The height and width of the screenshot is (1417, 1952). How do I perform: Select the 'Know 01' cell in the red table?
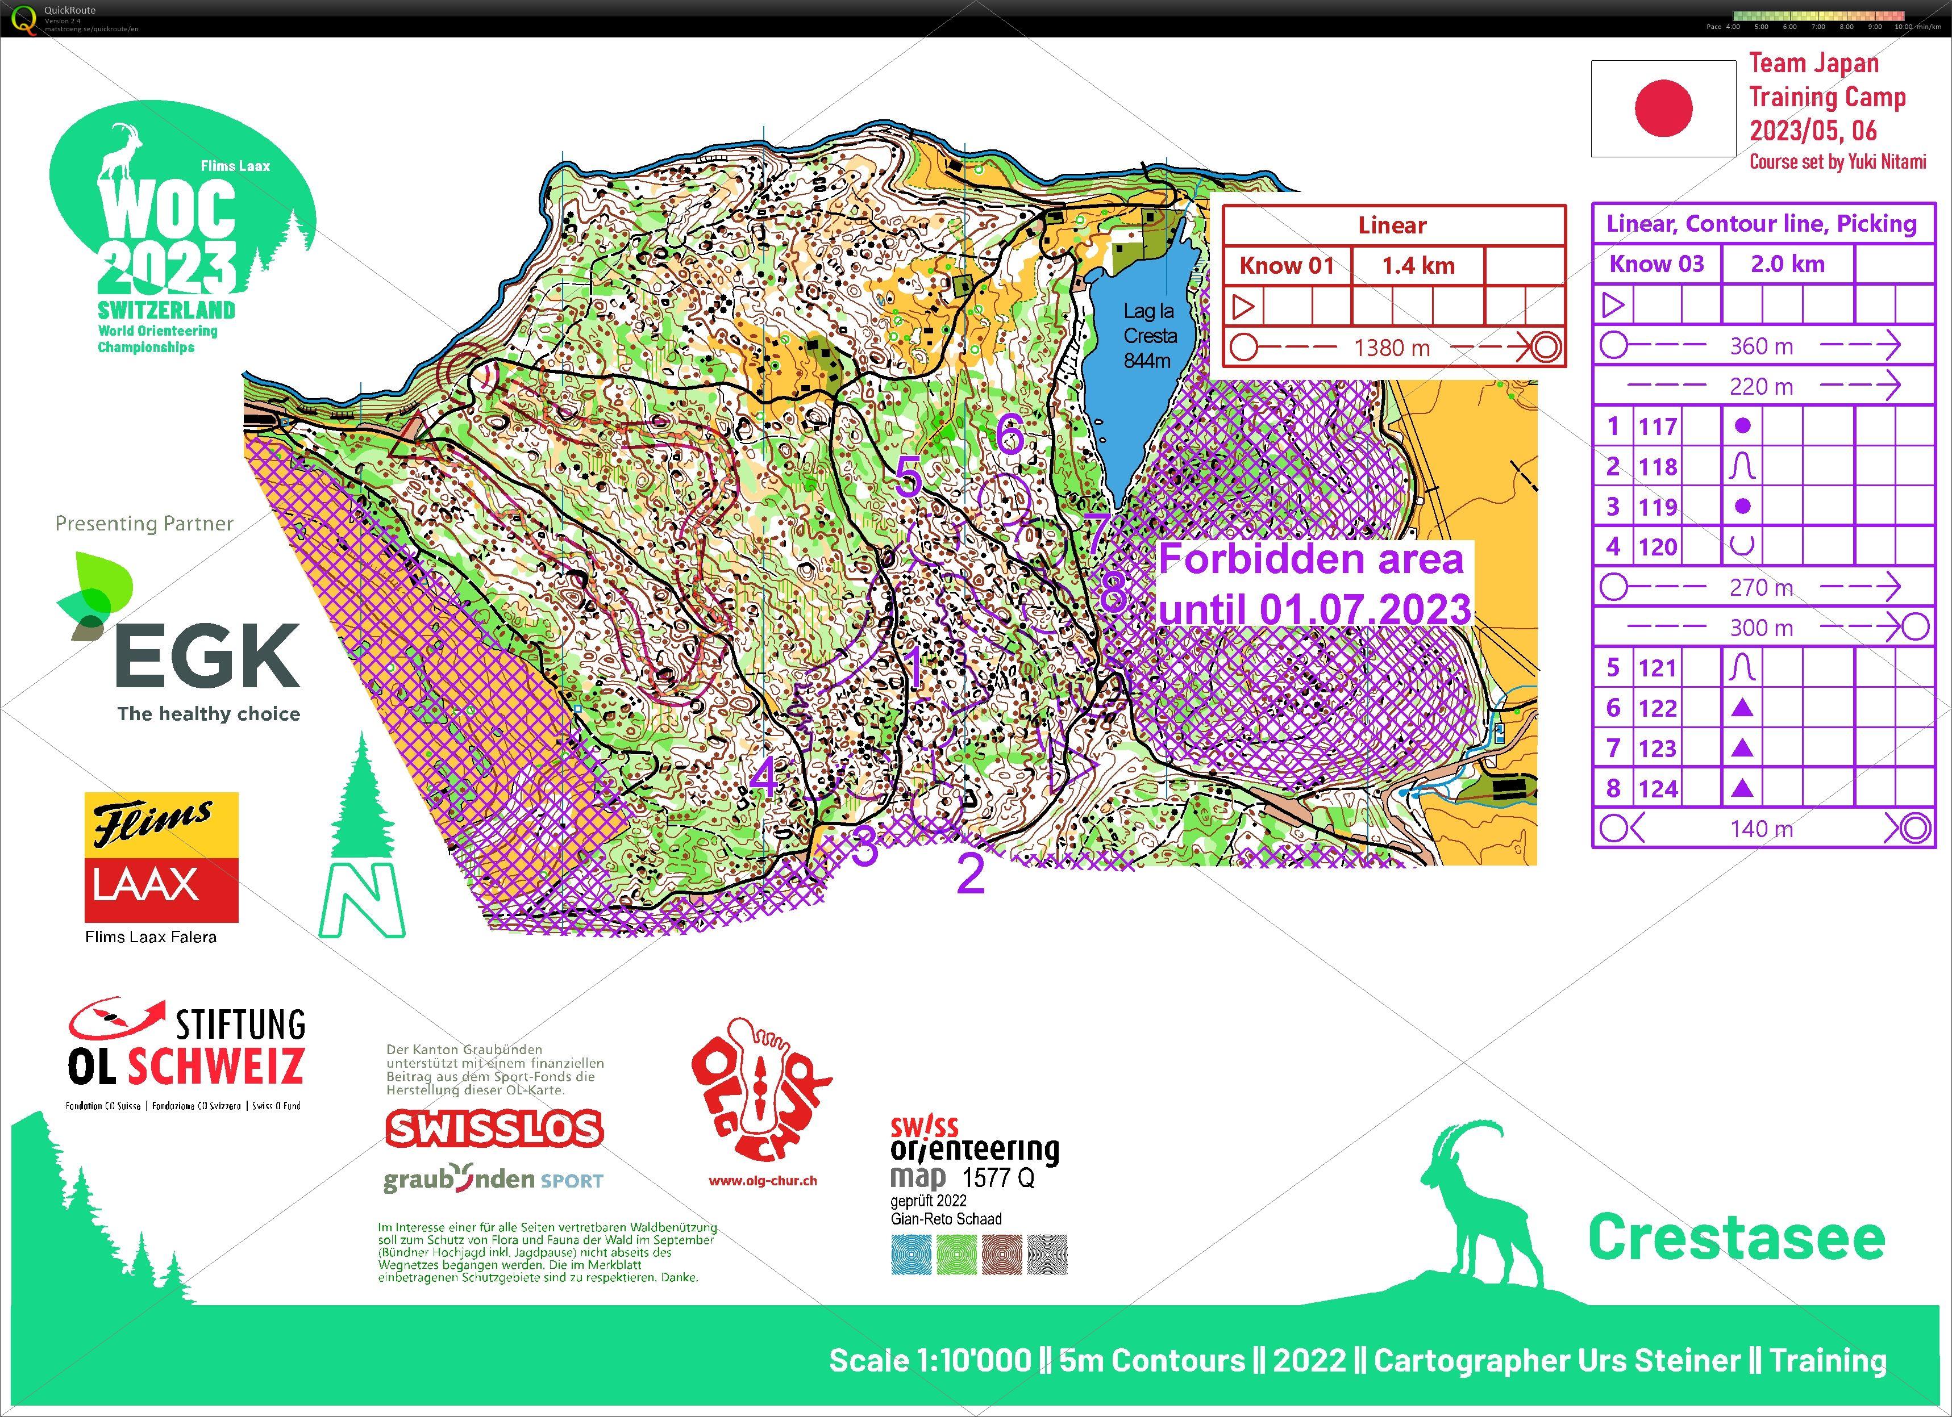point(1286,266)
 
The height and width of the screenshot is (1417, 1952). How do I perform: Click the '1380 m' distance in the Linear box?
point(1392,348)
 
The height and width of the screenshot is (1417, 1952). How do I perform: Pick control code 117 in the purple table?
point(1657,427)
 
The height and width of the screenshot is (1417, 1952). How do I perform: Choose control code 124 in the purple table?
point(1657,789)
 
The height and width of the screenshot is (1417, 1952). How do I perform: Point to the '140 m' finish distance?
point(1761,829)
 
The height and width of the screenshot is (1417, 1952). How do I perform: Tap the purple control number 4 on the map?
point(763,777)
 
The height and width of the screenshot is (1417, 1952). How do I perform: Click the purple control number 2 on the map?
point(971,873)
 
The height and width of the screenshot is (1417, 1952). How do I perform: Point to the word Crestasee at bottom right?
point(1736,1238)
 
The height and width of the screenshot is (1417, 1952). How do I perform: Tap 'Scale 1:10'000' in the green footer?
point(930,1360)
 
